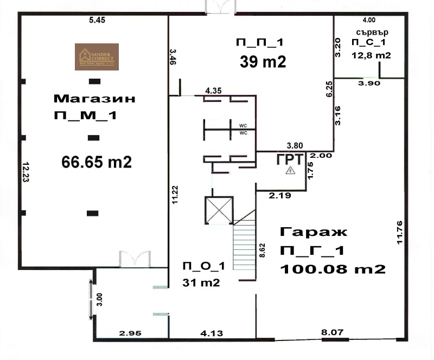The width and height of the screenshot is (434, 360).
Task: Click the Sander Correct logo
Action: pos(97,57)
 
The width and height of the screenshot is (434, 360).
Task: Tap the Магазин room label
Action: pos(94,99)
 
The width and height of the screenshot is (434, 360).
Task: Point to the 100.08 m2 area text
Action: pos(333,268)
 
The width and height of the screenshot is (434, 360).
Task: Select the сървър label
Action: pos(371,32)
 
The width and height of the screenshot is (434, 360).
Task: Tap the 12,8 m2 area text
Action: pos(372,55)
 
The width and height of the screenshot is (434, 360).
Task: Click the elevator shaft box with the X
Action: pos(218,210)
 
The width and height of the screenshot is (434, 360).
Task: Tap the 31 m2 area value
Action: pos(201,282)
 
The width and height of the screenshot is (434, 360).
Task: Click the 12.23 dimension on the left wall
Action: pos(25,173)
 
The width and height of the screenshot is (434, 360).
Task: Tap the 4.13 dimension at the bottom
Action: pos(212,335)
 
